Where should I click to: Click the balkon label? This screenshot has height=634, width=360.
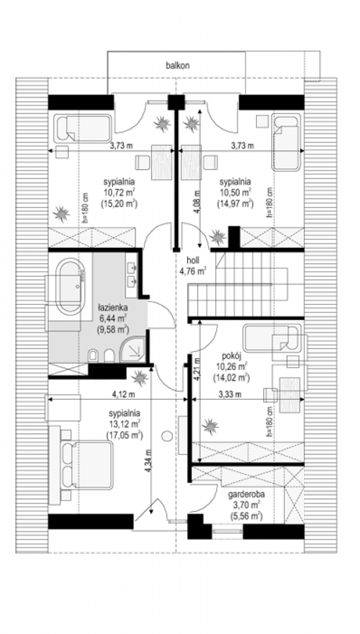[178, 66]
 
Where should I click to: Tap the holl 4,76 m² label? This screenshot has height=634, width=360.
[192, 266]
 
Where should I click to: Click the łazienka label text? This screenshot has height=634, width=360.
[113, 307]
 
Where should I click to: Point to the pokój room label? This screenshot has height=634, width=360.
[232, 356]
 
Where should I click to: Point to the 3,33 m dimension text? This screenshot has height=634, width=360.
[230, 395]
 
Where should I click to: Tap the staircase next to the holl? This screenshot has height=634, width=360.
[237, 284]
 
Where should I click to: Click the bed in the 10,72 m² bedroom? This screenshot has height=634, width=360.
[82, 128]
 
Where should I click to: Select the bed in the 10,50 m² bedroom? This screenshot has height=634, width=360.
[286, 142]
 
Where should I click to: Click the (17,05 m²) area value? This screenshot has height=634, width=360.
[125, 435]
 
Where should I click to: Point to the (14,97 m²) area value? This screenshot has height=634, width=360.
[235, 203]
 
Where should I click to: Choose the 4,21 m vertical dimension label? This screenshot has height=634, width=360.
[197, 370]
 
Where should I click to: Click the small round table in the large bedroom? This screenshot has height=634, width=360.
[167, 436]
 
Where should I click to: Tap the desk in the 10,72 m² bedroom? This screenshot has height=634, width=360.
[162, 162]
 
